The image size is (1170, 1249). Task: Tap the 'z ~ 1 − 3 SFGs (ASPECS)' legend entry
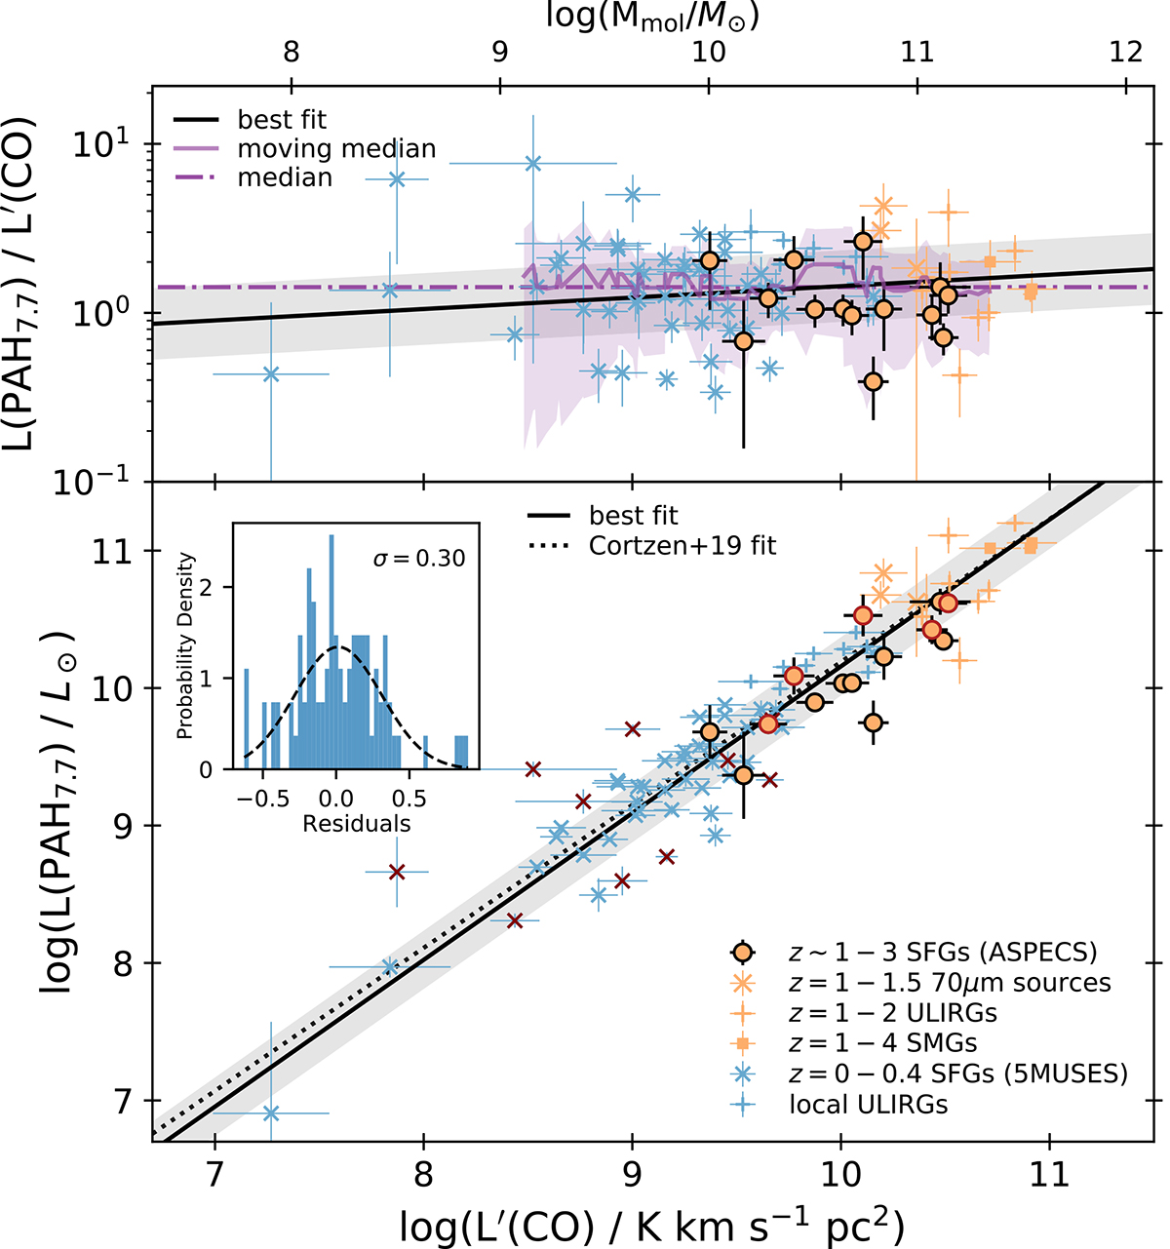point(921,953)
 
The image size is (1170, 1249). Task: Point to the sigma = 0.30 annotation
point(419,559)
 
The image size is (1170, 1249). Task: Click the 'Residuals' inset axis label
point(356,824)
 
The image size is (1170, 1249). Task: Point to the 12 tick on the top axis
point(1127,51)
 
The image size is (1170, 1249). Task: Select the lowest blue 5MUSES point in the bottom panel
point(271,1112)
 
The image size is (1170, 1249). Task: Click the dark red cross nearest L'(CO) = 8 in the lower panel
point(397,872)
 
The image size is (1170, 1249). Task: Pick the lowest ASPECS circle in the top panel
point(873,381)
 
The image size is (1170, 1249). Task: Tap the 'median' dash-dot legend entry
point(285,177)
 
